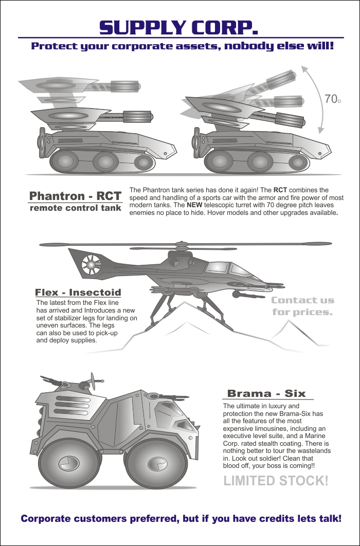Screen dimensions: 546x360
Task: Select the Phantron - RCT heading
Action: point(75,196)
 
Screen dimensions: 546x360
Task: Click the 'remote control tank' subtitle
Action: point(75,208)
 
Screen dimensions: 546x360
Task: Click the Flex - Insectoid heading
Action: point(78,293)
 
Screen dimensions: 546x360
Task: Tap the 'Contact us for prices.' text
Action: point(302,306)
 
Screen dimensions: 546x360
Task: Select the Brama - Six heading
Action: point(266,394)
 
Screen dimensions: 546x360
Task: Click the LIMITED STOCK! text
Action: point(276,481)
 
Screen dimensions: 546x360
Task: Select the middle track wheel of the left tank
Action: point(105,162)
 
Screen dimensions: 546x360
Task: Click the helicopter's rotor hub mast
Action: point(180,247)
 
